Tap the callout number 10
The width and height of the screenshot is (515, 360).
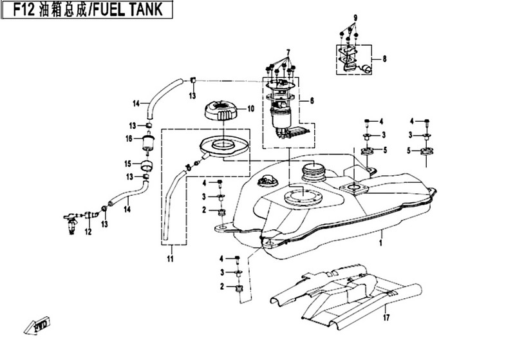[251, 109]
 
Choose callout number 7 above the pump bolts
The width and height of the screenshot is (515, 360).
[288, 52]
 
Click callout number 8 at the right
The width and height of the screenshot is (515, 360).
[384, 59]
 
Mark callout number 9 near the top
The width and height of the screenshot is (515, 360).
[353, 16]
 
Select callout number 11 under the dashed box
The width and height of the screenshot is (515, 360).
[171, 259]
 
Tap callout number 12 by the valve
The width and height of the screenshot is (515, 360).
[88, 232]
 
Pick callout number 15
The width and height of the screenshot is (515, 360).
[128, 164]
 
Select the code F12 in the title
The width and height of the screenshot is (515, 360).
[23, 10]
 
